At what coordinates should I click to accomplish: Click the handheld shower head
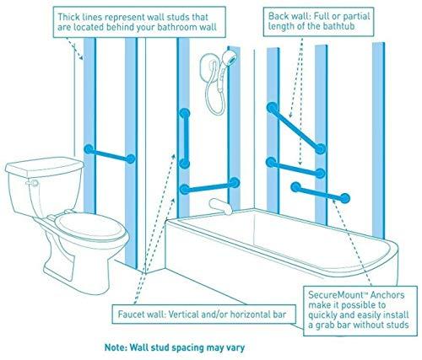tap(230, 57)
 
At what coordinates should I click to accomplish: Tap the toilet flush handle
tap(32, 183)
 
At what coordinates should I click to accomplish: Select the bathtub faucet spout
tap(221, 207)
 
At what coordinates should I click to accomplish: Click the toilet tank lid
tap(44, 167)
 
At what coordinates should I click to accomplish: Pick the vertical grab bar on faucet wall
tap(185, 138)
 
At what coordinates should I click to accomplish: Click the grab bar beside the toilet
tap(110, 154)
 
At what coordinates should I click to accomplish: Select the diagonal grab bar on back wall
tap(296, 128)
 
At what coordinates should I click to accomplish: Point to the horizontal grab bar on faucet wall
tap(209, 186)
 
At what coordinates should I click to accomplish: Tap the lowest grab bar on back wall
tap(321, 192)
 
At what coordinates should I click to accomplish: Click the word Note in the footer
tap(116, 347)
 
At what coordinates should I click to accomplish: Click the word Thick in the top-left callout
tap(68, 17)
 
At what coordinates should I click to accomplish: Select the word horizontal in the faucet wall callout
tap(247, 314)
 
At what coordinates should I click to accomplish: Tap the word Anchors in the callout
tap(387, 295)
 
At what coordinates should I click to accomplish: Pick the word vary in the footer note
tap(235, 348)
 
